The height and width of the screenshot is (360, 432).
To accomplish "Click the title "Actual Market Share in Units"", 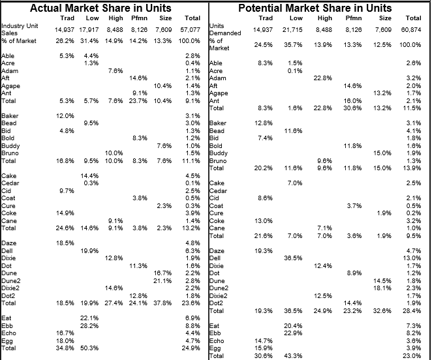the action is click(100, 8).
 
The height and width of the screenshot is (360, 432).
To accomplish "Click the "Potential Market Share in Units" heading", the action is click(315, 8).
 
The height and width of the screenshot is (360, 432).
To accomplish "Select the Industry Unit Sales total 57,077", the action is click(190, 30).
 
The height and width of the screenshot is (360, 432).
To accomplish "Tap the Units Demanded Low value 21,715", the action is click(292, 30).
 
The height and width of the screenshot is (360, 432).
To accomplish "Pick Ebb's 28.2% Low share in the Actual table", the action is click(89, 326).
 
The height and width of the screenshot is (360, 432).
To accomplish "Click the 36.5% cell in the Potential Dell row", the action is click(293, 258).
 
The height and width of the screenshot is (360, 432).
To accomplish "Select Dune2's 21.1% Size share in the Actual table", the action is click(162, 281).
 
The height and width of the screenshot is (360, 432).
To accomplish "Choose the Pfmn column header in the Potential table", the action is click(354, 18).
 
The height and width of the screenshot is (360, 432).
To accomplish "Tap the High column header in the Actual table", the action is click(116, 18).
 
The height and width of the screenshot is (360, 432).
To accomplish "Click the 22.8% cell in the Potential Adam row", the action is click(322, 78).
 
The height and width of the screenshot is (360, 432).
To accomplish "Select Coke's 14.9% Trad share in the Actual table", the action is click(65, 213).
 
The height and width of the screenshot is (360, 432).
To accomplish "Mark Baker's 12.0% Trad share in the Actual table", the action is click(65, 116).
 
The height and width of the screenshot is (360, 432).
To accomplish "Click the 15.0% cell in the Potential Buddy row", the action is click(382, 153).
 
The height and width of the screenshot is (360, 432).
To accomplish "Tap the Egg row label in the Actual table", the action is click(7, 341).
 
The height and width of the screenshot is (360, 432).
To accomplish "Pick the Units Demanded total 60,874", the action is click(411, 30).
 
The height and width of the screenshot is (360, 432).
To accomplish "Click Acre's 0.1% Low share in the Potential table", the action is click(295, 71).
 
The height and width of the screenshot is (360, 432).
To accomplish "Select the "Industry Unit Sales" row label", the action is click(20, 29).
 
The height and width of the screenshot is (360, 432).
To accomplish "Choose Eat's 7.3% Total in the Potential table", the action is click(414, 326).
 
